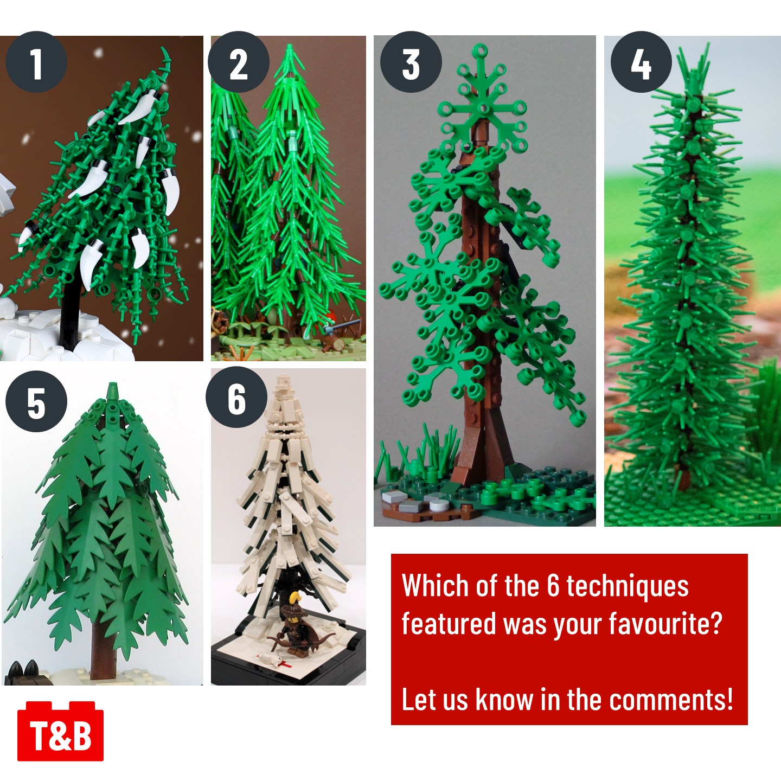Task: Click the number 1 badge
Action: click(x=36, y=62)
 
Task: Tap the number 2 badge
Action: click(x=239, y=62)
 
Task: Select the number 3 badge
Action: click(x=411, y=62)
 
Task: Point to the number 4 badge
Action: click(x=641, y=62)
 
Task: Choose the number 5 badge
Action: click(x=36, y=401)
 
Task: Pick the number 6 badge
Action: click(x=236, y=397)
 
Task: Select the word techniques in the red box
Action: click(x=627, y=586)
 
